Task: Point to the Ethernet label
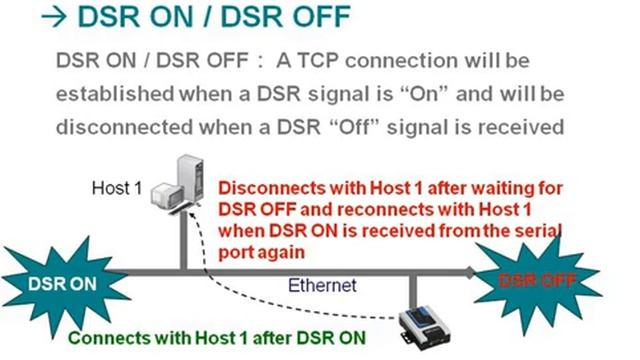(x=322, y=285)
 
